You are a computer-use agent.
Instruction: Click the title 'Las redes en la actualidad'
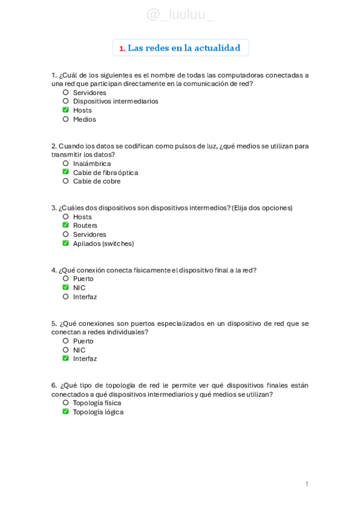[184, 48]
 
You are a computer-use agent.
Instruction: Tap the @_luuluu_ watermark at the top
[180, 14]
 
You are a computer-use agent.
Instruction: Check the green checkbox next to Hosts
[66, 110]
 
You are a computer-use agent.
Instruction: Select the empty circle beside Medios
[66, 119]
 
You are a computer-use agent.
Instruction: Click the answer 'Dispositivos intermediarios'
[115, 101]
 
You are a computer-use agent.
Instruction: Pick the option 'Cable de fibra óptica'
[105, 173]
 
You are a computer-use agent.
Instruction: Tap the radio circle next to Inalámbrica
[66, 163]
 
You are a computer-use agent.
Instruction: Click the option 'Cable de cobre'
[96, 181]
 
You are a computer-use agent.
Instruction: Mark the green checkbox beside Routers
[66, 225]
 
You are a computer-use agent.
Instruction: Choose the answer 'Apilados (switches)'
[103, 244]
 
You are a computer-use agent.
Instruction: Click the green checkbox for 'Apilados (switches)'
[66, 243]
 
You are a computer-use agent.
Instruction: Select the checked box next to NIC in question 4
[66, 287]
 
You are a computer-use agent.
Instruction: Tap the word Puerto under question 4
[84, 278]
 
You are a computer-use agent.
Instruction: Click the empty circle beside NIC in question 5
[66, 350]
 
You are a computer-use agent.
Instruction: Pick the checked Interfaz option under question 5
[85, 358]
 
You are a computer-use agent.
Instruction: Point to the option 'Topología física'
[97, 403]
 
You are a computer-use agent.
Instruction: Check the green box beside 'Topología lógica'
[66, 412]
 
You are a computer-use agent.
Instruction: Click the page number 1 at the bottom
[307, 484]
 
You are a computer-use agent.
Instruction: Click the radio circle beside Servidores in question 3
[66, 234]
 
